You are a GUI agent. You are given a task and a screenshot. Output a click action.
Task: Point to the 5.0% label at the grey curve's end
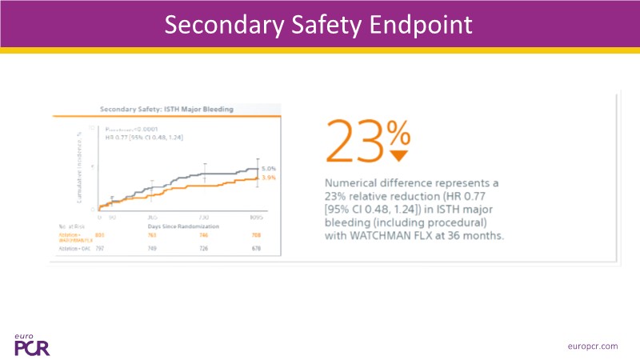tap(269, 168)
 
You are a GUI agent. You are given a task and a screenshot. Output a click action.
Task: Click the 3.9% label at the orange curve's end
tap(269, 178)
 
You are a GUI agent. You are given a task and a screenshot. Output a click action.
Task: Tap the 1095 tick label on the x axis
tap(257, 217)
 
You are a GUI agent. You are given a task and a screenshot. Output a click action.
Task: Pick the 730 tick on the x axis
tap(204, 217)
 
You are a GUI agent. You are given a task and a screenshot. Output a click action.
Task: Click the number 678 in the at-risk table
tap(256, 250)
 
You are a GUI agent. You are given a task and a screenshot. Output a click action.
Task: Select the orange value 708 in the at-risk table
tap(256, 235)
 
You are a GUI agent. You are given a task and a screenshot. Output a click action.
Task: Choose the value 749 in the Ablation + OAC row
tap(152, 250)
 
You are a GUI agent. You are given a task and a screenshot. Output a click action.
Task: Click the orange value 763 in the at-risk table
tap(152, 235)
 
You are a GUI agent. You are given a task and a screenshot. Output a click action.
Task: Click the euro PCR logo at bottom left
tap(32, 342)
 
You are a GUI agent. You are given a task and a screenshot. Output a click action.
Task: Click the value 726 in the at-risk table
tap(204, 250)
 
